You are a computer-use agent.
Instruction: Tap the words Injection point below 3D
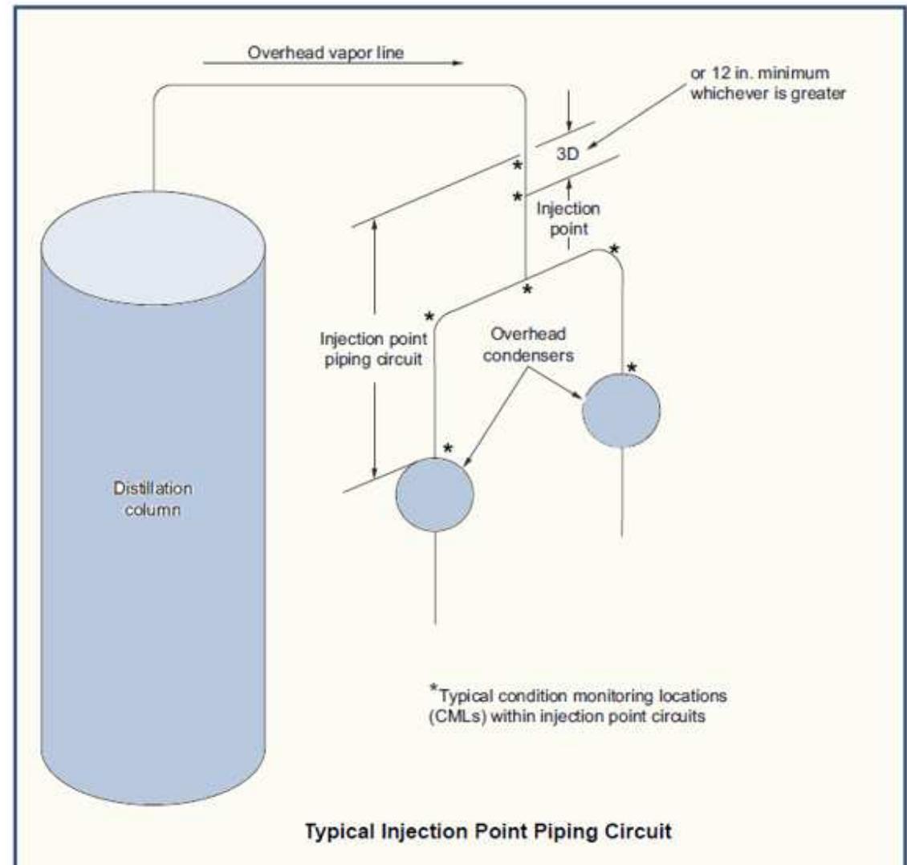pos(568,218)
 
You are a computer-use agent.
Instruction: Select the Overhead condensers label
pos(537,346)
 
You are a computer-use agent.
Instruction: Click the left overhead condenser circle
pos(434,493)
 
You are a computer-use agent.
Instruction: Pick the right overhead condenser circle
pos(621,409)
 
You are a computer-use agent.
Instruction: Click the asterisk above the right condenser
pos(632,368)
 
